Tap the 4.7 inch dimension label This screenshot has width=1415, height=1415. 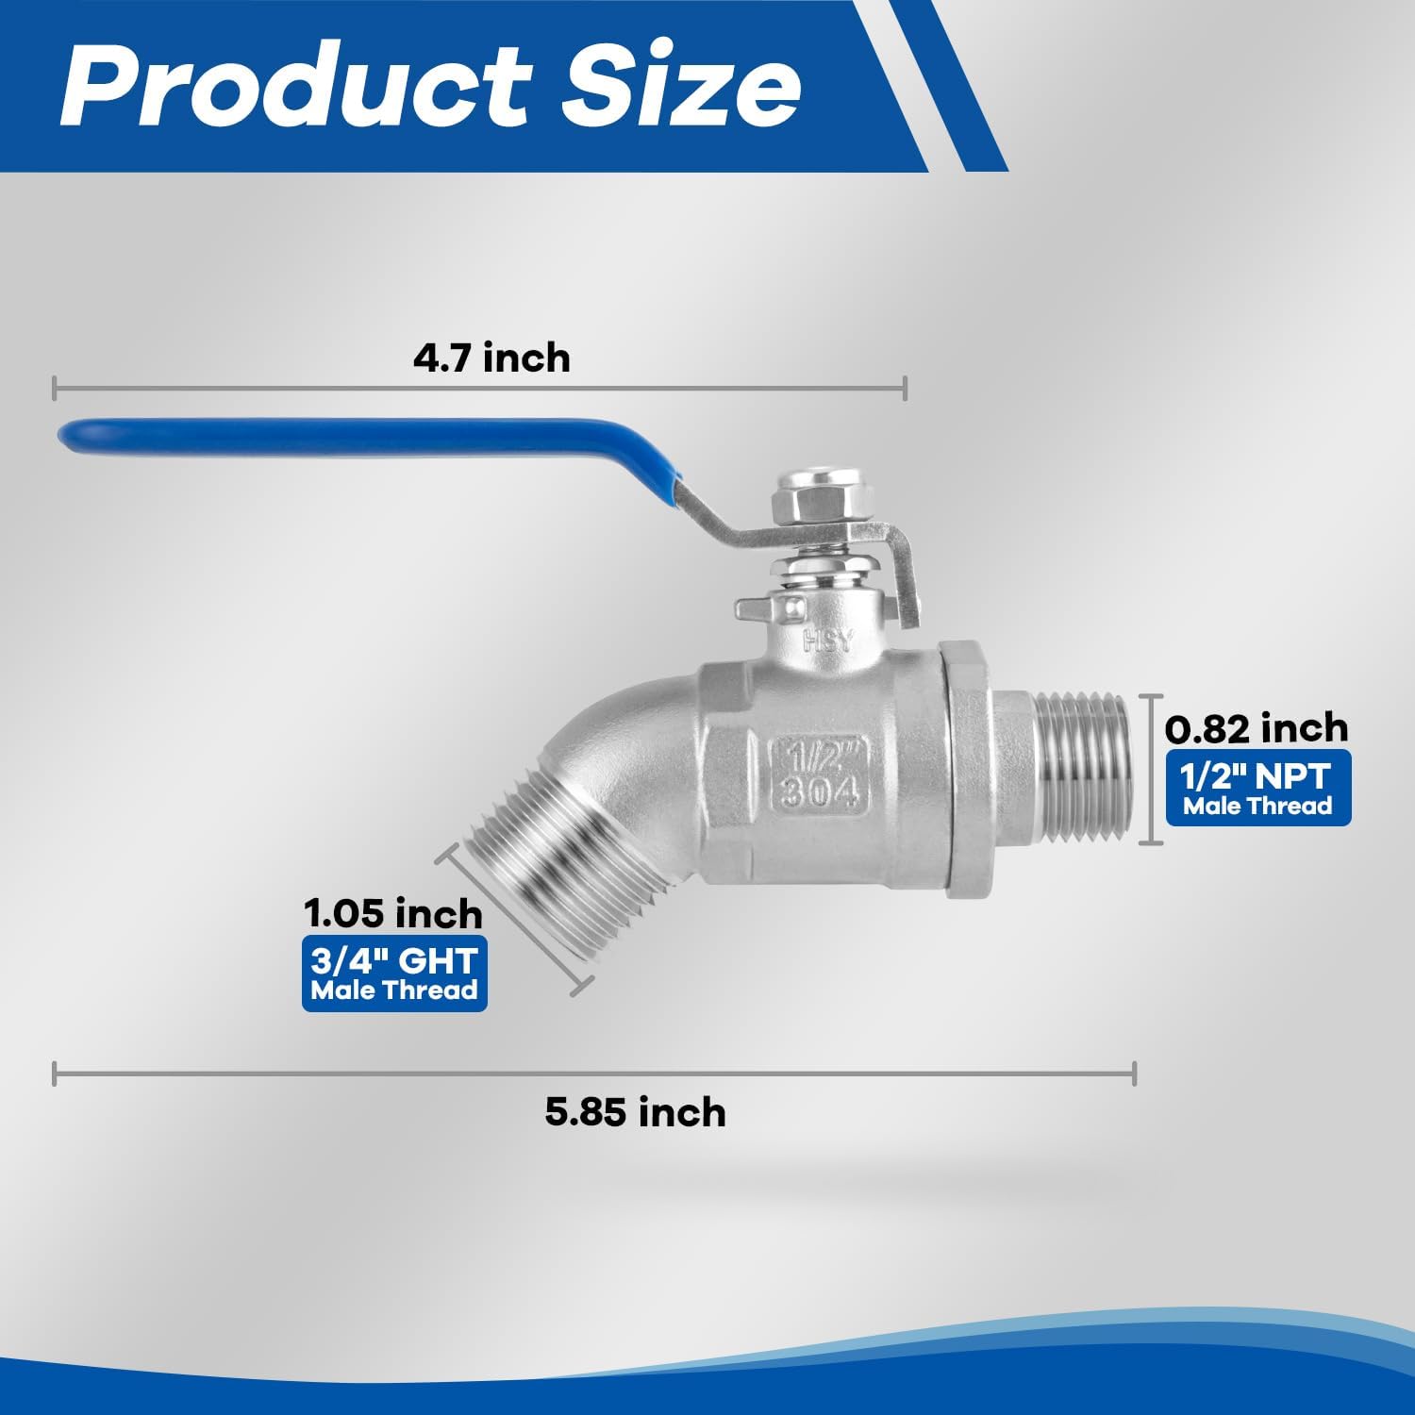(491, 358)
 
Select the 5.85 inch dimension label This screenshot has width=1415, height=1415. (635, 1112)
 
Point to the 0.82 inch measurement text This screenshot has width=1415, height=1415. (1257, 728)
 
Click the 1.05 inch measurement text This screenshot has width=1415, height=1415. (392, 913)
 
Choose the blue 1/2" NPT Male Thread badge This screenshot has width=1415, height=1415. (1258, 789)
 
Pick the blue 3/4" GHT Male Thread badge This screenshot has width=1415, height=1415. (394, 974)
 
